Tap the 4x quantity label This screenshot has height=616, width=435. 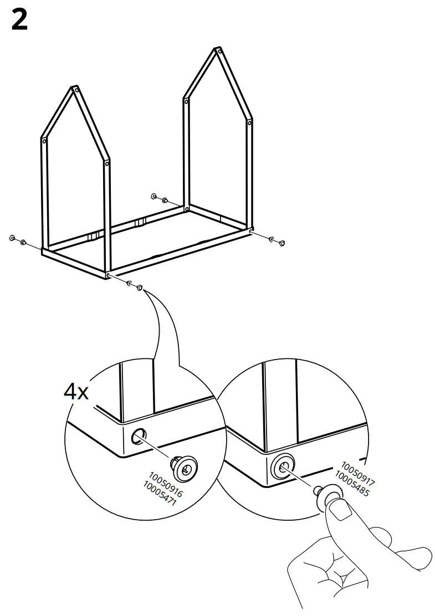[x=76, y=392]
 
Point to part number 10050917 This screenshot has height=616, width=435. [x=358, y=474]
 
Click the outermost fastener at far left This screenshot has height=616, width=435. [x=12, y=238]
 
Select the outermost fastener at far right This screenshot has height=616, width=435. [x=282, y=242]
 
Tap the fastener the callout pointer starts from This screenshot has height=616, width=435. [x=140, y=288]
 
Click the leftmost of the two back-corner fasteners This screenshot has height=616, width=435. [x=153, y=197]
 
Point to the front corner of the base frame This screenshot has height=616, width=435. [x=108, y=275]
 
